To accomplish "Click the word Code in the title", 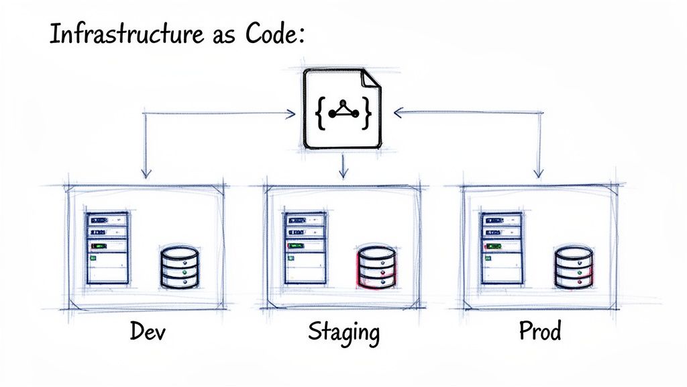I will tap(269, 34).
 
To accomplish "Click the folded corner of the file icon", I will tap(370, 79).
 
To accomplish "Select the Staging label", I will tap(343, 333).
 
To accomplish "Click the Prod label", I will tap(539, 331).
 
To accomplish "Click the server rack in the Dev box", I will tap(107, 248).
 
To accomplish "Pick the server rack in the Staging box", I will tap(305, 248).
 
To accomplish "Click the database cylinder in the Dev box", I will tap(180, 267).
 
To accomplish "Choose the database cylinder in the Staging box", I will tap(376, 267).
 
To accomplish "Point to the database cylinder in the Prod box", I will tap(574, 267).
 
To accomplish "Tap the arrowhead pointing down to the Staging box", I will tap(343, 173).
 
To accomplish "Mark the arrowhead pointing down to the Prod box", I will tap(538, 173).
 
